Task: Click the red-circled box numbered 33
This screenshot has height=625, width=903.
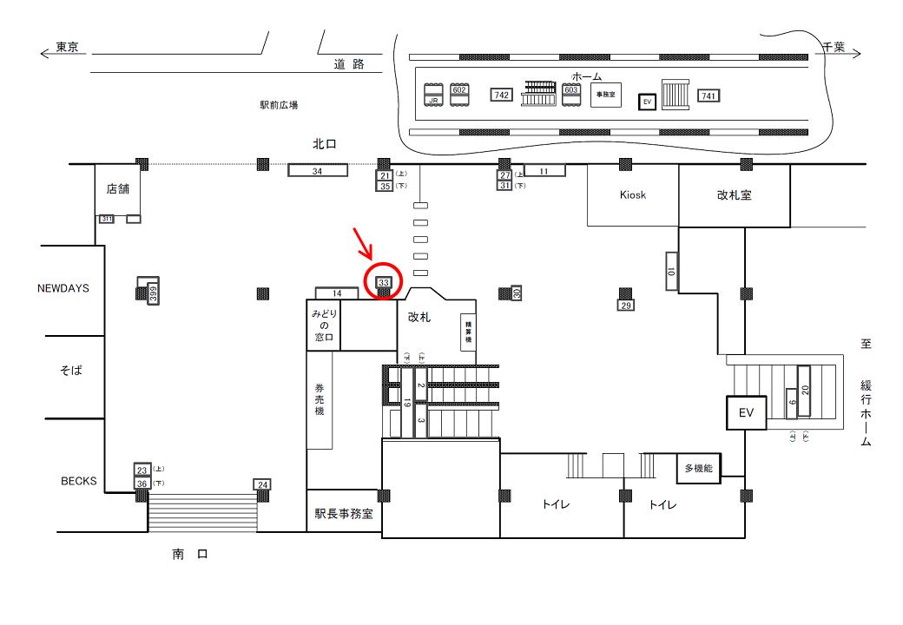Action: [x=384, y=282]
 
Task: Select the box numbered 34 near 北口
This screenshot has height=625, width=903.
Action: [x=317, y=171]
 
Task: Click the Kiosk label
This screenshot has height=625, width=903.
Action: [x=633, y=195]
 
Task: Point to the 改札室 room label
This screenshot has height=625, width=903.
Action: [x=734, y=195]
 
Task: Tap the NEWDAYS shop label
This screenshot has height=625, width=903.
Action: [x=63, y=288]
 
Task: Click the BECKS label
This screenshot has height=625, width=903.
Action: [x=79, y=480]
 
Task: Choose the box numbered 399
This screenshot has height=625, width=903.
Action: [x=152, y=293]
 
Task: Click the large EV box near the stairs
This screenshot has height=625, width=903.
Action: [x=746, y=413]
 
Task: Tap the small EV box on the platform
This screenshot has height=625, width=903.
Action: [x=646, y=102]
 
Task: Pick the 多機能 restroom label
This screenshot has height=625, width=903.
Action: [x=698, y=469]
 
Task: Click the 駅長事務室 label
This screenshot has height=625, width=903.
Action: [x=343, y=513]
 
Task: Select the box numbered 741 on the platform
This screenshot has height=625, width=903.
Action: [x=709, y=95]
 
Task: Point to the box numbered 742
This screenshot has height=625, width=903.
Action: [x=501, y=95]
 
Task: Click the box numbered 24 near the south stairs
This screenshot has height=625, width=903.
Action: [x=263, y=484]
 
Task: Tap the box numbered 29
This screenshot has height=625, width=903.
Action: [x=624, y=306]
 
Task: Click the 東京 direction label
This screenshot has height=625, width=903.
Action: [x=68, y=49]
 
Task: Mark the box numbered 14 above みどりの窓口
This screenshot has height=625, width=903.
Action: [x=338, y=294]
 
